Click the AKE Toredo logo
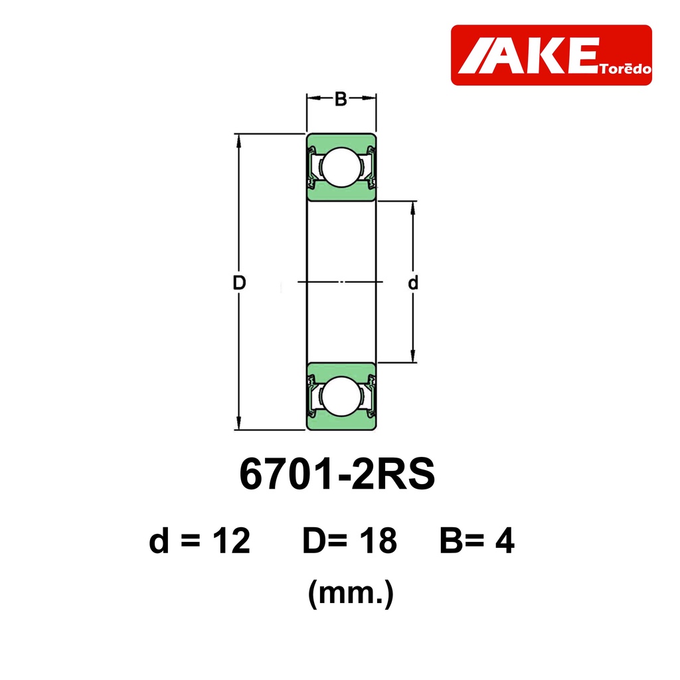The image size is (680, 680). pos(551,55)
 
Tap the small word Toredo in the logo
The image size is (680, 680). pos(626,69)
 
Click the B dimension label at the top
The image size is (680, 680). pos(341,100)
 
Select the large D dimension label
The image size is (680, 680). pos(239,283)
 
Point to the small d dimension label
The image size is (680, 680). pos(413,283)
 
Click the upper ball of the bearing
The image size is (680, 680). pos(341,167)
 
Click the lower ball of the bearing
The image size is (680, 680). pos(341,396)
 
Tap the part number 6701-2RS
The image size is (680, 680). pos(337,473)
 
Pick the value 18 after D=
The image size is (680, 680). pos(380,541)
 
